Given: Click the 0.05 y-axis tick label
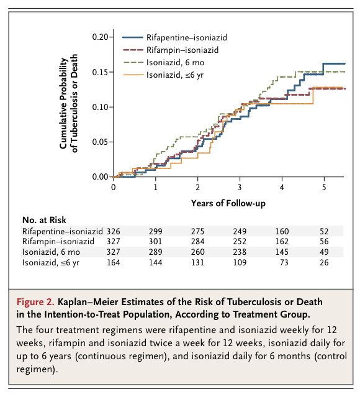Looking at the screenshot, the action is point(100,142).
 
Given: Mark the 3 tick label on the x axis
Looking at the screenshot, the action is point(240,187).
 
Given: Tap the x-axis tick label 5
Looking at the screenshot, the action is point(324,187).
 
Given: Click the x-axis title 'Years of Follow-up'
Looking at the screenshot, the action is point(228,203).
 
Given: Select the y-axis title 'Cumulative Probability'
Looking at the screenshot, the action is point(64,103).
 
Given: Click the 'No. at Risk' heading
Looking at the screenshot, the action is point(44,220).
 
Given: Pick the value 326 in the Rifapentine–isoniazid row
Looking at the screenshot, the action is point(113,231).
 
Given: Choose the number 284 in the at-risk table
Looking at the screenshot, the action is point(197,242).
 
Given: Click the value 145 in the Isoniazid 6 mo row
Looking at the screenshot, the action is point(282,252).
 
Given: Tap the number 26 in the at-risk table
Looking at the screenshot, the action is point(324,263).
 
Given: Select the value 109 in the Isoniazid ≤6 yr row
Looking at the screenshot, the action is point(240,263).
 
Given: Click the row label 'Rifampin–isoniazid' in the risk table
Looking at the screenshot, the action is point(58,242).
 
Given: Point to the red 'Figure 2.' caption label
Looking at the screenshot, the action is point(35,302).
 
